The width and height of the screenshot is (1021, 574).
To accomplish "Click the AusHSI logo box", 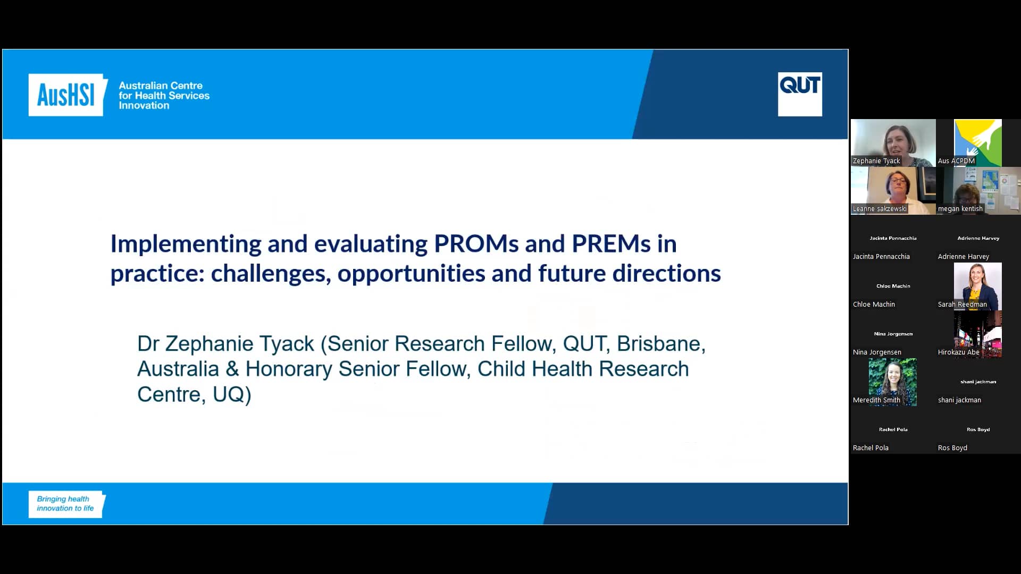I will (x=66, y=95).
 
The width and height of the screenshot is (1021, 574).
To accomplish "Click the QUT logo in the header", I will (x=799, y=94).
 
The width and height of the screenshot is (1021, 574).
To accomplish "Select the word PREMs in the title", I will (x=611, y=244).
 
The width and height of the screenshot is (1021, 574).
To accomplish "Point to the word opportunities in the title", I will (x=411, y=274).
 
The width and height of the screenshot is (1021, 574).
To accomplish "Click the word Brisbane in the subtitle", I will (x=660, y=344).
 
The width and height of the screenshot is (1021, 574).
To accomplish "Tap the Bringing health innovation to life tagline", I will (x=65, y=504).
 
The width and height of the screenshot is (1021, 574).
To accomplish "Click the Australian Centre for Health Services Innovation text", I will (x=164, y=96).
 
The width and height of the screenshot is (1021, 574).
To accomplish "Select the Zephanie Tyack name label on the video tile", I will (x=876, y=161).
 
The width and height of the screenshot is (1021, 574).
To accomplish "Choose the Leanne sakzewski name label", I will (x=879, y=209).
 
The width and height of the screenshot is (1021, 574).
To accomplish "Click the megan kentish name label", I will (x=960, y=209).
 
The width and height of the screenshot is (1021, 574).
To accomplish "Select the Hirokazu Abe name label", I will (x=958, y=352).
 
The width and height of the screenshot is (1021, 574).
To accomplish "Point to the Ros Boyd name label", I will (x=952, y=448).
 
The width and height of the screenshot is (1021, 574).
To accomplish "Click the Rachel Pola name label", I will (x=870, y=448).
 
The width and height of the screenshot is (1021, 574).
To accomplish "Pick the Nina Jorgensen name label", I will (x=876, y=352).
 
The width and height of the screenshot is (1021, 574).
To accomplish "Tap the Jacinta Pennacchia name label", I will (x=881, y=257).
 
